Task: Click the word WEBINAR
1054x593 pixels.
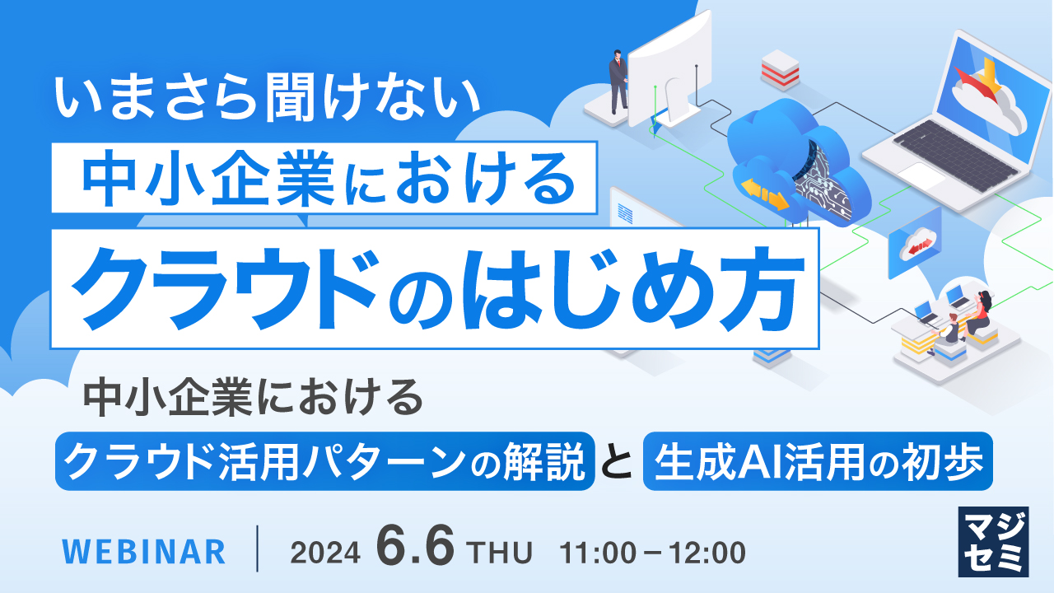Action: [x=144, y=551]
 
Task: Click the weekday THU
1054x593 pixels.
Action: [x=499, y=552]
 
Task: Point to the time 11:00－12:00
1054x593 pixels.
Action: [x=652, y=552]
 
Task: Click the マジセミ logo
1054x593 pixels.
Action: [x=993, y=540]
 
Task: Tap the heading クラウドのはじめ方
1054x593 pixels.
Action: [x=435, y=288]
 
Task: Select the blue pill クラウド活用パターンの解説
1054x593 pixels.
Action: [x=324, y=461]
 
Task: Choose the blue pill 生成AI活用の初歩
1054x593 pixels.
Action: [x=818, y=461]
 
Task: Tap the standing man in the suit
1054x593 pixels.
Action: [x=617, y=80]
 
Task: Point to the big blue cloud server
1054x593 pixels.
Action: [x=795, y=161]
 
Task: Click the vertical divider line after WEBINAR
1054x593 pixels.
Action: [x=258, y=549]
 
